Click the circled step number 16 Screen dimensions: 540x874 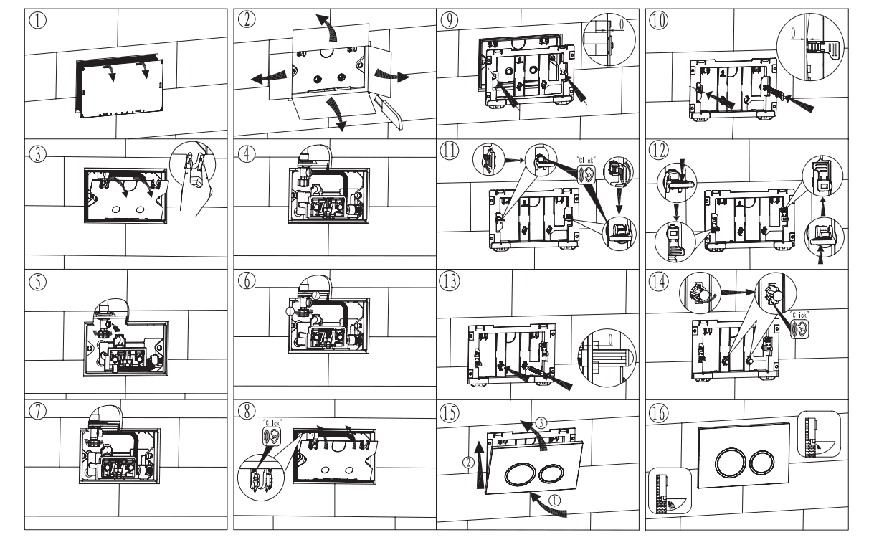[660, 414]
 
